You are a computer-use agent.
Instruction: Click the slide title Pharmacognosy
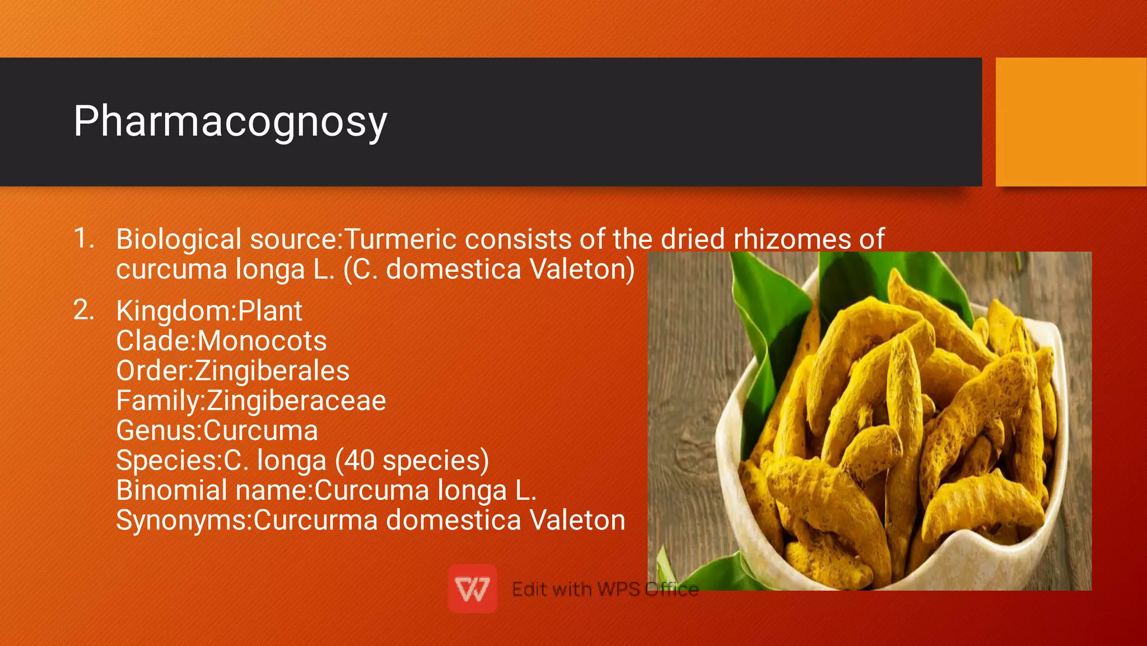[x=230, y=122]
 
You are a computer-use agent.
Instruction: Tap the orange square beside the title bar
[x=1070, y=122]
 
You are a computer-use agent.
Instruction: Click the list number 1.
[x=83, y=238]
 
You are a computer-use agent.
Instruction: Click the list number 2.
[x=83, y=310]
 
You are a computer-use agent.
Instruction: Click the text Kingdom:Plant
[x=209, y=311]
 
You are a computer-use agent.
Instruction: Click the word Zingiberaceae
[x=296, y=401]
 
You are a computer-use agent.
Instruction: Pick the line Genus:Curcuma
[x=217, y=431]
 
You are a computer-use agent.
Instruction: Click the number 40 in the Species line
[x=358, y=461]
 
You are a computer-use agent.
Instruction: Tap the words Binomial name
[x=213, y=490]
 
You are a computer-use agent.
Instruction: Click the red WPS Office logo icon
[x=472, y=589]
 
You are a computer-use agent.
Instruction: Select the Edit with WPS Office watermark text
[x=605, y=589]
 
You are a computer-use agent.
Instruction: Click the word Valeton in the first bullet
[x=581, y=269]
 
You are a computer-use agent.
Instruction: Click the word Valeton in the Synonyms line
[x=577, y=520]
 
